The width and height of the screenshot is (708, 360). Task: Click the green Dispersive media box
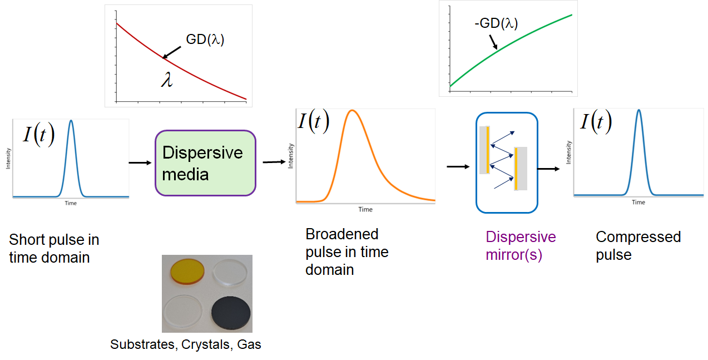coord(205,163)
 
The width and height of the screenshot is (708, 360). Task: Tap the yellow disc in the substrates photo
coord(187,272)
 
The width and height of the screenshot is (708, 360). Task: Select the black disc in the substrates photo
coord(231,313)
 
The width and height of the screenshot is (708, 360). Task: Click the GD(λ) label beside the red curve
coord(205,40)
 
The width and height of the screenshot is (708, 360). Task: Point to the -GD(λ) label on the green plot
coord(496,23)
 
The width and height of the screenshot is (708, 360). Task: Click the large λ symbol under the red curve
coord(167,80)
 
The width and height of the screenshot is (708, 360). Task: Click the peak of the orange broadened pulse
coord(352,110)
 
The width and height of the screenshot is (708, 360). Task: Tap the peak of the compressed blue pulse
coord(639,110)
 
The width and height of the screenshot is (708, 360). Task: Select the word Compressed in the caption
coord(638,237)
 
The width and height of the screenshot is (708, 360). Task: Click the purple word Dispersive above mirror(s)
coord(521,237)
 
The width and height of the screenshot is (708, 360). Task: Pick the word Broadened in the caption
coord(341,234)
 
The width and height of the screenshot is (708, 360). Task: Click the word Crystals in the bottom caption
coord(205,344)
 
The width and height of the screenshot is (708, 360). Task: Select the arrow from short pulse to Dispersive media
coord(140,162)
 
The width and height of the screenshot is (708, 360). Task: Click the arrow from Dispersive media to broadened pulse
coord(274,162)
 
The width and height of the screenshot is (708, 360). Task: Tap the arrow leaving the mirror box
coord(548,169)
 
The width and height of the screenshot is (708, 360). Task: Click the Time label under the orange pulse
coord(365,209)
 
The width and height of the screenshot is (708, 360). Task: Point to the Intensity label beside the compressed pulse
coord(568,152)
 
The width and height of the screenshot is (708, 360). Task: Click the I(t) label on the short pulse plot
coord(39,134)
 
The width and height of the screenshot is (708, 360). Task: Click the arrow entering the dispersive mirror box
coord(458,167)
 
